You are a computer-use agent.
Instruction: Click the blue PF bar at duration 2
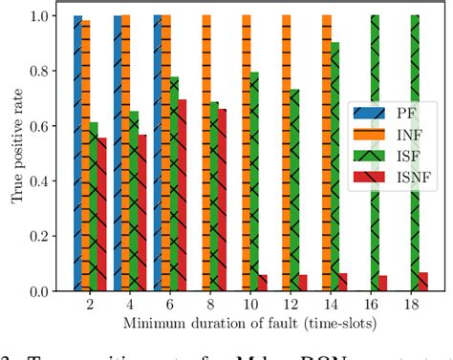[x=77, y=153]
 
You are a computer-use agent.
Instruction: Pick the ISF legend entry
[x=385, y=157]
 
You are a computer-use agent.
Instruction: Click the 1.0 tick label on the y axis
[x=42, y=16]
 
